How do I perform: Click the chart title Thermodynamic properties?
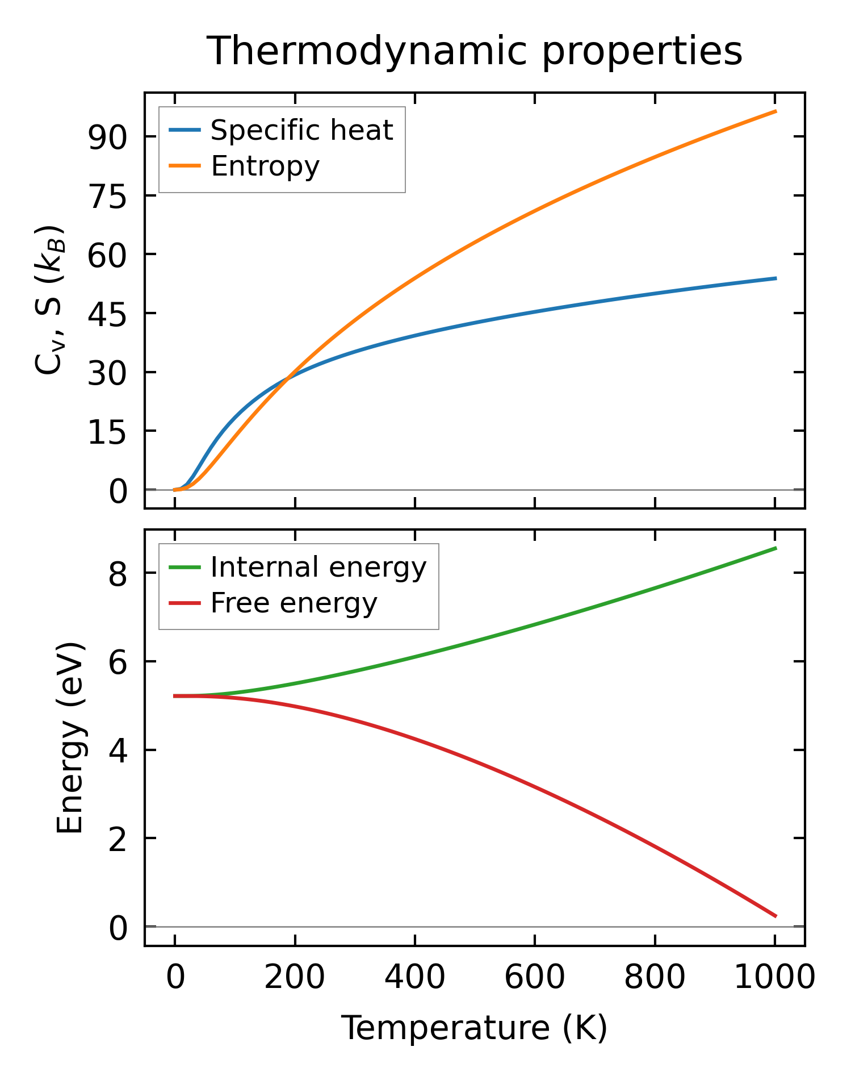474,51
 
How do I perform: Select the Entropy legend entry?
265,166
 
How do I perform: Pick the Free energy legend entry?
294,603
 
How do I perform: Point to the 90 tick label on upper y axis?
106,137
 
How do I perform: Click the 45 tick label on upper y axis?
106,314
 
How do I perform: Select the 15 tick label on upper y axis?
106,432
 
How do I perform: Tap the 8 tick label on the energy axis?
118,574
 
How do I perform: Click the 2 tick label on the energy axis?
118,839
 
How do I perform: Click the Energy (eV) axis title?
70,738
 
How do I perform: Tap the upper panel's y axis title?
50,300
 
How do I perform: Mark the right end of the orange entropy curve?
775,111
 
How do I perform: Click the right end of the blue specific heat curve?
775,278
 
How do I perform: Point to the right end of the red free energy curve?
775,916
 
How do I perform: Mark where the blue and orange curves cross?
288,376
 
